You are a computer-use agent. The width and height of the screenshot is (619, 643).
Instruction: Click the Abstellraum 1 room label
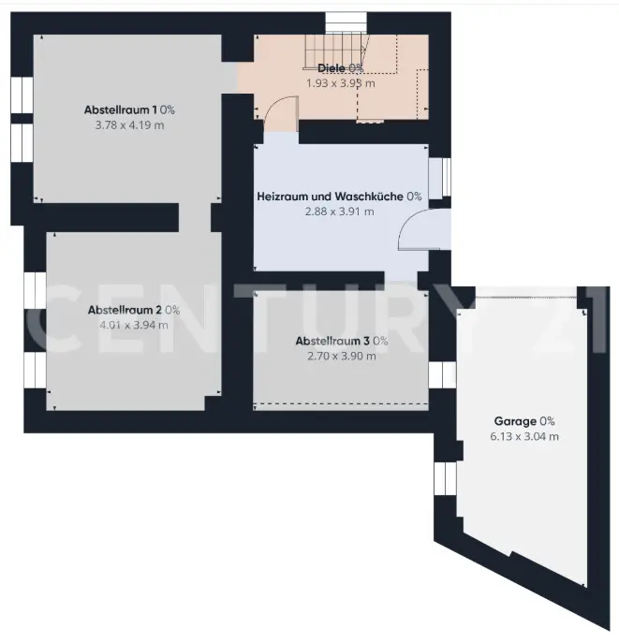pyautogui.click(x=120, y=110)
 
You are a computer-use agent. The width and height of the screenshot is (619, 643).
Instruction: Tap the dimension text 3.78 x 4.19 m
pyautogui.click(x=129, y=125)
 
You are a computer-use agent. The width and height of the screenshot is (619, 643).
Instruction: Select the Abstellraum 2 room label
pyautogui.click(x=125, y=310)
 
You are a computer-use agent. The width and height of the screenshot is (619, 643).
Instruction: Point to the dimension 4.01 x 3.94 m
pyautogui.click(x=134, y=325)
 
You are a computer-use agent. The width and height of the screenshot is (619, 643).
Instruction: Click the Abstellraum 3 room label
pyautogui.click(x=332, y=341)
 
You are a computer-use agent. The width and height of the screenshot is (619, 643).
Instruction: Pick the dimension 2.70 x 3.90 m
pyautogui.click(x=342, y=356)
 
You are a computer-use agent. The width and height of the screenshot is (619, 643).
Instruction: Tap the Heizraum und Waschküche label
pyautogui.click(x=331, y=197)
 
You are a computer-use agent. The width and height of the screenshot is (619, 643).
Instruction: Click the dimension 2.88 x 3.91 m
pyautogui.click(x=339, y=212)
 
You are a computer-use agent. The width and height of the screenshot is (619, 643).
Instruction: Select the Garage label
pyautogui.click(x=515, y=421)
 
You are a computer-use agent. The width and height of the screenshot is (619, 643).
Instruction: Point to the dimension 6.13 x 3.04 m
pyautogui.click(x=524, y=436)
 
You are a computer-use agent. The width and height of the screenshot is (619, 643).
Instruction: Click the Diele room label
pyautogui.click(x=332, y=68)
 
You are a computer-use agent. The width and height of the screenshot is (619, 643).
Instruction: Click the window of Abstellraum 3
pyautogui.click(x=442, y=374)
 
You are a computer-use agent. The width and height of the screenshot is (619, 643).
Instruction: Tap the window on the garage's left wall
pyautogui.click(x=445, y=478)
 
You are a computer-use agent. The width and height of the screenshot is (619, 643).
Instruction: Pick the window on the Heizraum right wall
pyautogui.click(x=440, y=177)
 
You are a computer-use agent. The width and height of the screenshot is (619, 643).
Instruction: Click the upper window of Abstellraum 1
pyautogui.click(x=22, y=95)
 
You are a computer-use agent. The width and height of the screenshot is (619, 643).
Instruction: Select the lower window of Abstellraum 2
pyautogui.click(x=35, y=371)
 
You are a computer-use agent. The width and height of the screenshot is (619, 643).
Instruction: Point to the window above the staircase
pyautogui.click(x=346, y=23)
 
